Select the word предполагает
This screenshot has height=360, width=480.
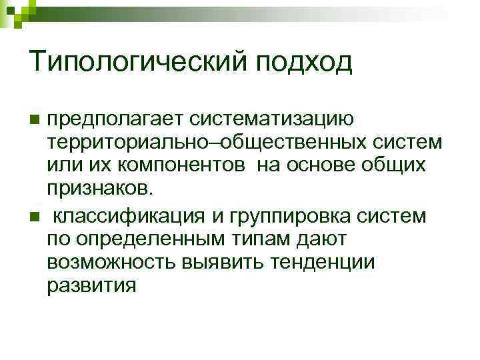coord(119,121)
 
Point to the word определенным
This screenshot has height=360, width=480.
coord(146,239)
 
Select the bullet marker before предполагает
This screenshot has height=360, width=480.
coord(35,120)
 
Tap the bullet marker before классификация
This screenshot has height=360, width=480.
coord(35,217)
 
